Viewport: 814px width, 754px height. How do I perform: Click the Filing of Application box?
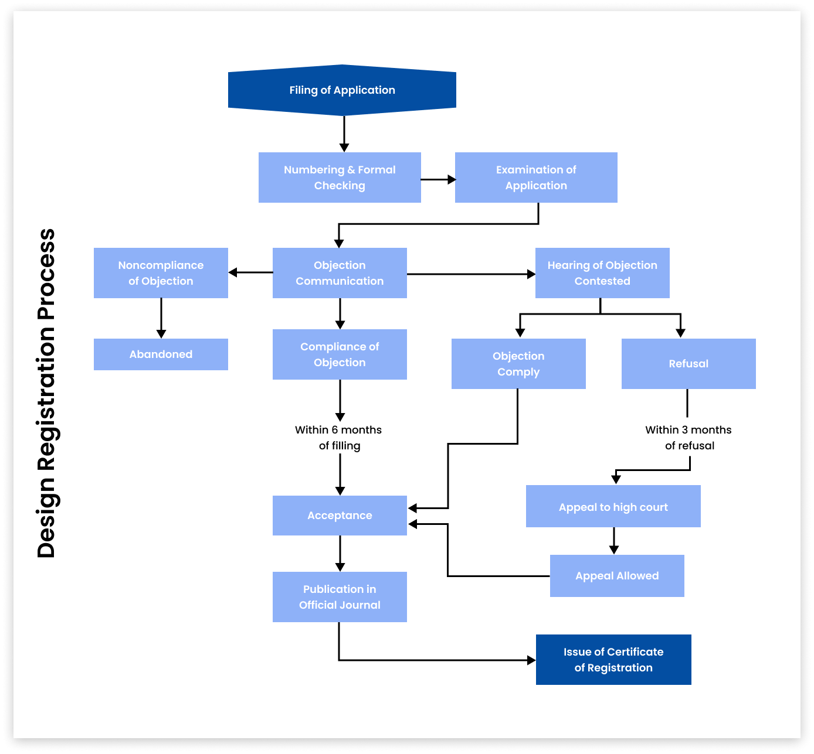click(x=342, y=90)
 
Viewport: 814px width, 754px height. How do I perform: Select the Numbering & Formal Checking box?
click(x=340, y=178)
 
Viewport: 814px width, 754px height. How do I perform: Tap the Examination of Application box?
click(x=536, y=178)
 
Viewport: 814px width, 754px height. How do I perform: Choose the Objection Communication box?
click(x=340, y=273)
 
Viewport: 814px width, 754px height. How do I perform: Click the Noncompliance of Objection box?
click(x=161, y=273)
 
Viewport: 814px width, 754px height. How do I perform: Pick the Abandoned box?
click(x=161, y=354)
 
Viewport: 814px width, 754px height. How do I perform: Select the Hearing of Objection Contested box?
click(x=602, y=273)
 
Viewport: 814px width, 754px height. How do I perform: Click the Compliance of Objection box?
click(x=340, y=354)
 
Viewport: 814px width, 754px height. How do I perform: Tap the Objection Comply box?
click(x=518, y=364)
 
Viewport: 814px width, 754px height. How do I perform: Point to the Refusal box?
click(x=688, y=364)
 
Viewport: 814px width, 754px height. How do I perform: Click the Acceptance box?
click(x=340, y=516)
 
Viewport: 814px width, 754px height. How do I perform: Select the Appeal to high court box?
click(x=613, y=507)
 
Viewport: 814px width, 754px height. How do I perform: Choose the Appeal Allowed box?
click(x=617, y=576)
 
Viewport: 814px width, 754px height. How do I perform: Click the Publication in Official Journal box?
click(x=340, y=597)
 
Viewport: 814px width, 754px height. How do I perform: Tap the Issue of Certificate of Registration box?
click(x=613, y=660)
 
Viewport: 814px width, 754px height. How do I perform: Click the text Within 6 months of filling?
click(x=338, y=438)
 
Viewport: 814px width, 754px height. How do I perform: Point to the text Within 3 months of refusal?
click(x=688, y=438)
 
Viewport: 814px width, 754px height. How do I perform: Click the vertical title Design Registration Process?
click(x=46, y=393)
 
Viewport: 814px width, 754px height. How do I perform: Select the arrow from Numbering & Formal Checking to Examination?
click(x=438, y=180)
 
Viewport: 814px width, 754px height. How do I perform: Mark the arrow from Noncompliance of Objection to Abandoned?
click(x=161, y=318)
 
